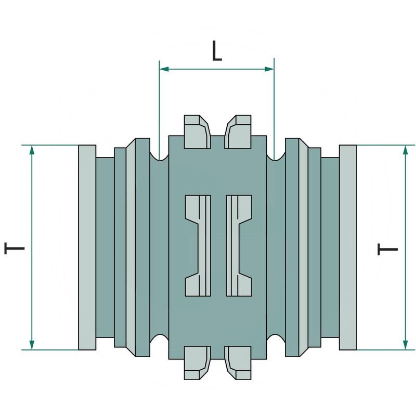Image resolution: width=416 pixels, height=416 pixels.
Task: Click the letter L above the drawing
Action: (217, 51)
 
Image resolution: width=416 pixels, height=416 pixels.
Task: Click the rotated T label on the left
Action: (15, 248)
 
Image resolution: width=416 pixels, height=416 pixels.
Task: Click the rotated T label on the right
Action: (387, 249)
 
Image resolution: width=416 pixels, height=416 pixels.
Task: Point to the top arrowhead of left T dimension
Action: (32, 150)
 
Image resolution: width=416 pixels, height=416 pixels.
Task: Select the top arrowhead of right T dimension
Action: (406, 150)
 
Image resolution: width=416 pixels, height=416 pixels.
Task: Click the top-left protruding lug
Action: (196, 131)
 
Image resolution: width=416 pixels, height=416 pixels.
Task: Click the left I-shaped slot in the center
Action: (198, 245)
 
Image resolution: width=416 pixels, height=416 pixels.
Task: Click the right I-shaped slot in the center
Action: (239, 245)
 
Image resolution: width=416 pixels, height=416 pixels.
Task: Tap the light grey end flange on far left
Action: (87, 248)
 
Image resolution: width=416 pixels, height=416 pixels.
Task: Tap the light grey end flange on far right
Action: (348, 248)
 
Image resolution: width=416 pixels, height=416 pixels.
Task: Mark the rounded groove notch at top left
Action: (160, 154)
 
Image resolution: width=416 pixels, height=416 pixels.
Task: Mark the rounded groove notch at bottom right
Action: (276, 341)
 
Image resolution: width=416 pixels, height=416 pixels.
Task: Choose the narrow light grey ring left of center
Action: (131, 248)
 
